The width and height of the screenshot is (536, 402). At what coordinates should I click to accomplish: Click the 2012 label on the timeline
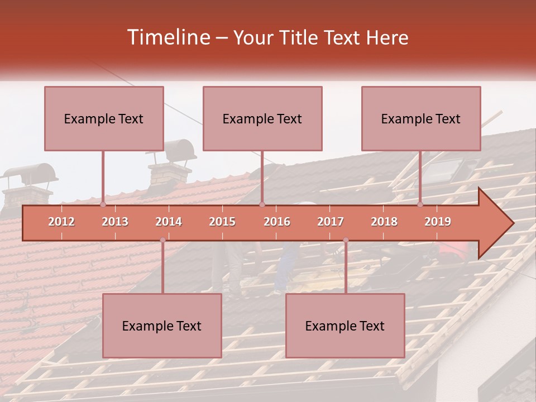coord(61,222)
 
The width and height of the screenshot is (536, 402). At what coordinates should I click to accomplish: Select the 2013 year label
coord(115,222)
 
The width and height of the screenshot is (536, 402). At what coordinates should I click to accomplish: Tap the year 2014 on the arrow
coord(169,222)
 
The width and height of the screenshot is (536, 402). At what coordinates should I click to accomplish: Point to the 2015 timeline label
coord(222,222)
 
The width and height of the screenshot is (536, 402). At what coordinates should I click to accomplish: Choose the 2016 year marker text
coord(277,222)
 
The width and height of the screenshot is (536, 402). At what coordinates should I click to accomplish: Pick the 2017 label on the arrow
coord(331,222)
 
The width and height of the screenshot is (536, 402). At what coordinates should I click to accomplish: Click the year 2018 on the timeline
coord(384,222)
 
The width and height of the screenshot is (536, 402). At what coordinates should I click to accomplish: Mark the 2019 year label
coord(438,222)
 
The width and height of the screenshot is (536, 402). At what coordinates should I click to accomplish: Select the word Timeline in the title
coord(167,37)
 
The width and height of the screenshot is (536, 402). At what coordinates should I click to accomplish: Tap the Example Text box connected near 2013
coord(104,118)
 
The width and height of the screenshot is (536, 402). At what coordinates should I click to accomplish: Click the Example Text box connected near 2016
coord(262,118)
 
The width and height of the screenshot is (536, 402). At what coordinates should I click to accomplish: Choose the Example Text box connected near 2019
coord(421,118)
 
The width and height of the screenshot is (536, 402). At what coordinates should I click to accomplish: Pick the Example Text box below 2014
coord(162,326)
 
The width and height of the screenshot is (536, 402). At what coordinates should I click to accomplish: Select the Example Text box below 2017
coord(345,326)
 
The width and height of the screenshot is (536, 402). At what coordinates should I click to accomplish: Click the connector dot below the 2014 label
coord(162,240)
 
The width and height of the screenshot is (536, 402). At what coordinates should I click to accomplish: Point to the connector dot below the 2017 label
coord(346,240)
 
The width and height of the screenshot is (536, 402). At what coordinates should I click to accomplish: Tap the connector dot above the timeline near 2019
coord(420,204)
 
